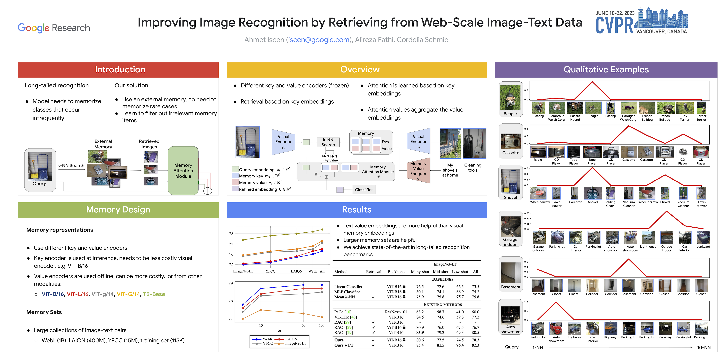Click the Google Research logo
(54, 28)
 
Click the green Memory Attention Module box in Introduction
(183, 170)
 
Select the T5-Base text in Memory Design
(154, 294)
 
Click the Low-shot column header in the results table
(460, 272)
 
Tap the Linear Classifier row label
(348, 286)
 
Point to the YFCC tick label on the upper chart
(270, 271)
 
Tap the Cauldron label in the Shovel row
(575, 202)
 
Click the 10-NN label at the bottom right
(704, 347)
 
